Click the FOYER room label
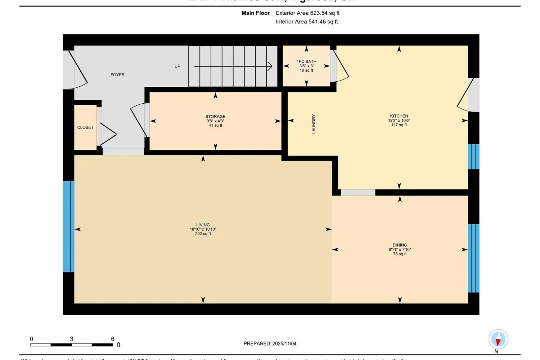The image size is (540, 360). [x=117, y=75]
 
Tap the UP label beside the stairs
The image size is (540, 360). [x=177, y=66]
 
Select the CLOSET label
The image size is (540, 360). [x=85, y=127]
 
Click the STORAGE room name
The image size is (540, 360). [x=215, y=117]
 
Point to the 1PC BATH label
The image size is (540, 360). [x=306, y=62]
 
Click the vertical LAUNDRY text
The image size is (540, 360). [x=314, y=124]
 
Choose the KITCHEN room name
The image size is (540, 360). [x=399, y=116]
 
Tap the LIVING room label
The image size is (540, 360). [x=203, y=225]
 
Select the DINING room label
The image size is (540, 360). [x=400, y=245]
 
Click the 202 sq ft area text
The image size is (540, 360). [x=203, y=234]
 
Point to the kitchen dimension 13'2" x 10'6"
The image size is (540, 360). [x=399, y=121]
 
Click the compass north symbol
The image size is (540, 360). [x=498, y=339]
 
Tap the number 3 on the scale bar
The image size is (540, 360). [x=72, y=339]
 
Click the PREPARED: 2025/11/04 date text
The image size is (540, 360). [x=270, y=344]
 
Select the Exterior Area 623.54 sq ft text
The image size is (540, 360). [x=307, y=13]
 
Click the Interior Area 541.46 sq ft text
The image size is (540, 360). [x=307, y=22]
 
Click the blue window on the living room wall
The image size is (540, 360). [x=69, y=226]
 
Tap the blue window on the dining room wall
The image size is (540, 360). [x=473, y=258]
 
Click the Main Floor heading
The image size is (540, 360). [x=256, y=13]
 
